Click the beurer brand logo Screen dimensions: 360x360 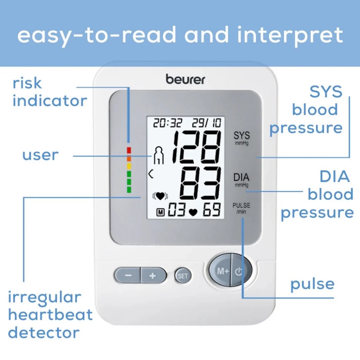[185, 79]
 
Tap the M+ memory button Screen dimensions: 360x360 [222, 271]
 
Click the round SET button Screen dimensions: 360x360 [183, 276]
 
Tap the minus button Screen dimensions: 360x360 [128, 276]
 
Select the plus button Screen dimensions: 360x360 [153, 276]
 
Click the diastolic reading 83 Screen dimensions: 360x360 [200, 184]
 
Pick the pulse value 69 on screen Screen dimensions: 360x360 [212, 211]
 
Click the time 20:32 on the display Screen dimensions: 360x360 [167, 123]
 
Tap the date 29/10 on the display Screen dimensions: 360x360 [206, 123]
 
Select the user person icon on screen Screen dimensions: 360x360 [158, 156]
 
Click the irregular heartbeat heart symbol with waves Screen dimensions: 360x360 [160, 196]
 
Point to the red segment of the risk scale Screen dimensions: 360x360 [129, 150]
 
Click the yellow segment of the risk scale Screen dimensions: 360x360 [129, 166]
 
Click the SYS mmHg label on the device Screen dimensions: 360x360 [242, 138]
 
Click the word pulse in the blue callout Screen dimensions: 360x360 [312, 284]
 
